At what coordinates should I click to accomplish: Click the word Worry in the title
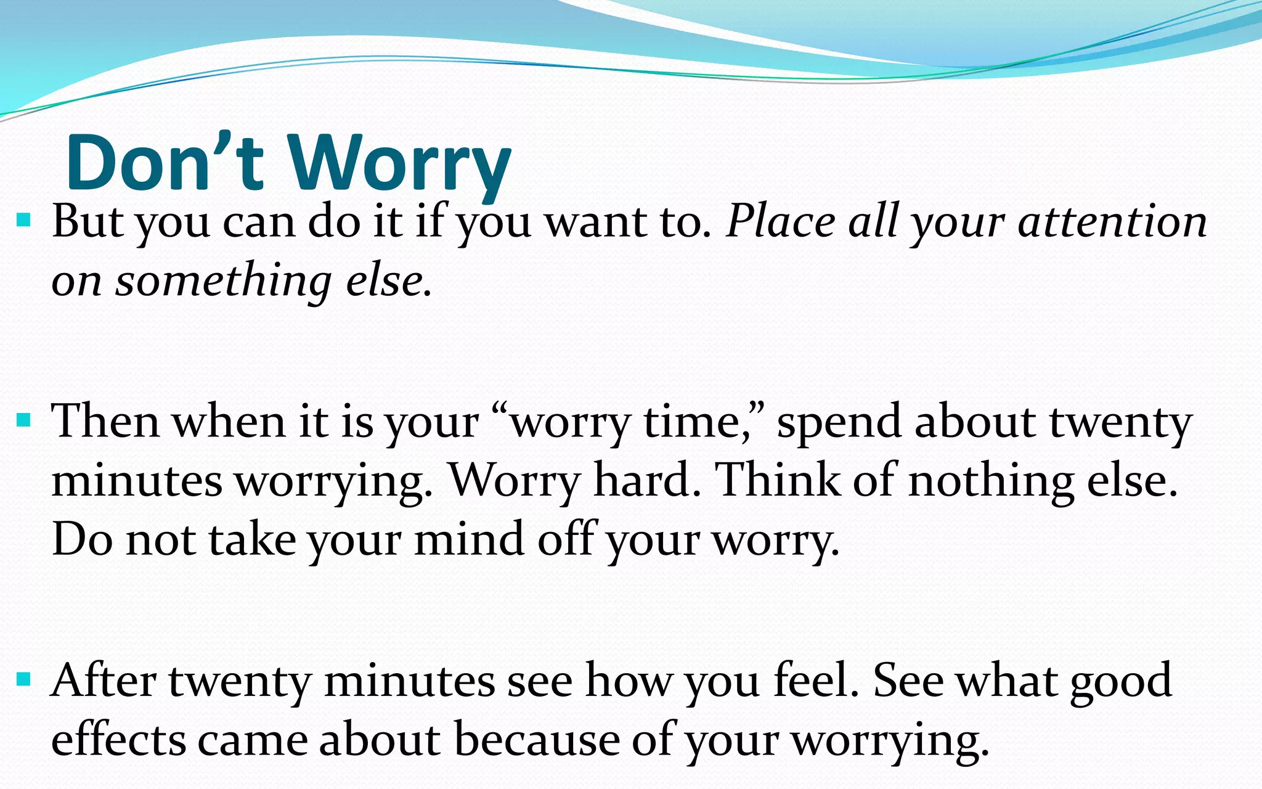399,163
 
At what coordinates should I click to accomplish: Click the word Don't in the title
165,163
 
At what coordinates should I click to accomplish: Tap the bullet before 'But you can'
24,220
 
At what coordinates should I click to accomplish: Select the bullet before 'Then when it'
24,421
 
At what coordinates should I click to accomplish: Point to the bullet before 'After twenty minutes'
24,680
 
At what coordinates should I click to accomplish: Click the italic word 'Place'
780,222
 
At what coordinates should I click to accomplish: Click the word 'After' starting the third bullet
104,681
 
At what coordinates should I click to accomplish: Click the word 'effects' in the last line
118,740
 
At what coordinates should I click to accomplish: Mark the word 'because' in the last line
537,740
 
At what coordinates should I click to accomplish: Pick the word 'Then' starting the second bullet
105,422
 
